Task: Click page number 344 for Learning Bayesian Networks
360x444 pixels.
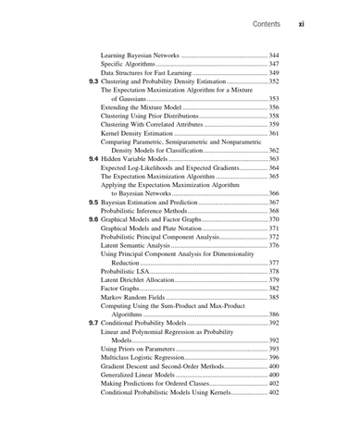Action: click(273, 55)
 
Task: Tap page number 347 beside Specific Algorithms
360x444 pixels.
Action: click(273, 64)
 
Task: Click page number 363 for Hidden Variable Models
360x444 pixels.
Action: click(273, 159)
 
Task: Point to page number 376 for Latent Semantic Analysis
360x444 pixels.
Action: click(273, 245)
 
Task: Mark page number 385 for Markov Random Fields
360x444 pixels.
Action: click(273, 297)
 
